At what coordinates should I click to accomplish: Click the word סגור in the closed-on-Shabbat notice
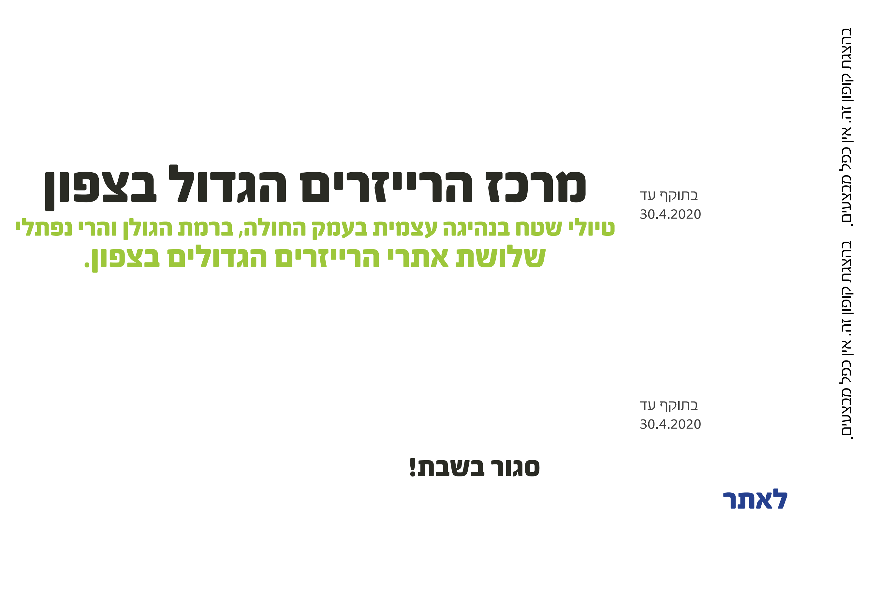[515, 468]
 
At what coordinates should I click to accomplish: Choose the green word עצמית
[405, 228]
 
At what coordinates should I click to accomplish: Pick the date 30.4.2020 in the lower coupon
[670, 424]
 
